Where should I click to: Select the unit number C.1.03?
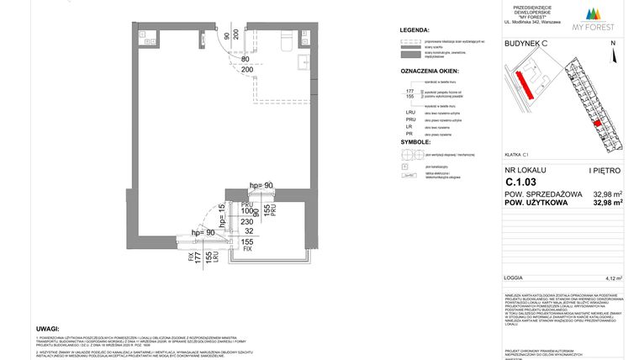point(521,181)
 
